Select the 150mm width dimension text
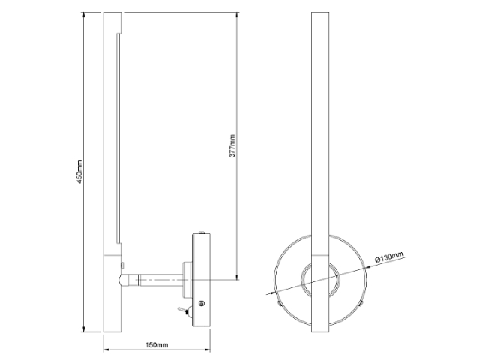click(x=155, y=344)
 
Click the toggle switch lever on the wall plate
click(x=181, y=309)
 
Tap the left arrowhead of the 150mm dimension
click(x=106, y=350)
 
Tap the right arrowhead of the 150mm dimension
click(x=208, y=350)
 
